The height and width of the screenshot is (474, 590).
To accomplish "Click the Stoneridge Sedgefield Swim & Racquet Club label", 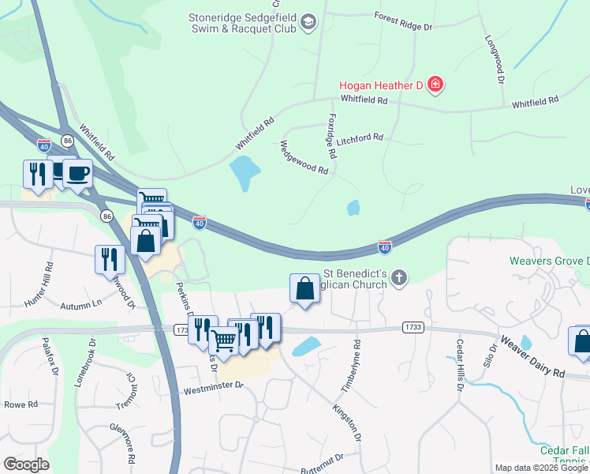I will [x=241, y=22].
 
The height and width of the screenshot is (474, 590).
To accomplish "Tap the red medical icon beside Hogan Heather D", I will [x=435, y=84].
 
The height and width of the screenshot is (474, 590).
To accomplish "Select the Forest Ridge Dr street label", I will [x=404, y=21].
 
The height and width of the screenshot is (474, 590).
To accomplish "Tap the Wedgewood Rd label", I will [x=304, y=157].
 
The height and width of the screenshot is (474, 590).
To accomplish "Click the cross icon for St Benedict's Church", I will [x=400, y=276].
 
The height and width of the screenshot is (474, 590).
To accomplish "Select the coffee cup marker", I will [x=77, y=174].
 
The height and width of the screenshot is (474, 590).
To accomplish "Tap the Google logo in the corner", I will [x=26, y=465].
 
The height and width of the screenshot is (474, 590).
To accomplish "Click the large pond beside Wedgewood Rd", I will [x=245, y=171].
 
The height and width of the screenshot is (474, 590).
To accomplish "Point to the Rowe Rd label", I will [x=21, y=404].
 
